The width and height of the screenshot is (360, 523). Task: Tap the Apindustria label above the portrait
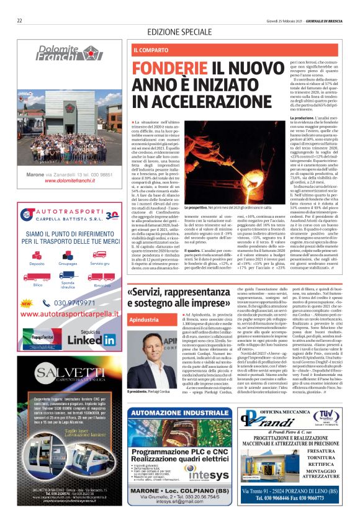(x=142, y=320)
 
